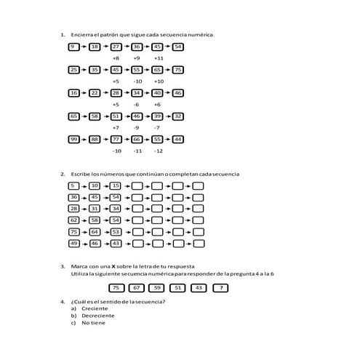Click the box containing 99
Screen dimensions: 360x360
(x=73, y=139)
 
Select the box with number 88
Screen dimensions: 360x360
(x=95, y=139)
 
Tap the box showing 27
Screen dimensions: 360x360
(x=116, y=47)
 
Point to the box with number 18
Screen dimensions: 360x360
(x=95, y=47)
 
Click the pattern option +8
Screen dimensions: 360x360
(x=116, y=57)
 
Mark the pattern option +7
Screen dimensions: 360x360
(x=116, y=127)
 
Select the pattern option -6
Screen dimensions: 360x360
(x=137, y=104)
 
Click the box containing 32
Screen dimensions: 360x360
(x=179, y=116)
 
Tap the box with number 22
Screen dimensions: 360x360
(x=95, y=93)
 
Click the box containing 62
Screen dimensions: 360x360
(x=73, y=220)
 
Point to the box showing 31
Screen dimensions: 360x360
(x=95, y=208)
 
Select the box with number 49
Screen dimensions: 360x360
(x=73, y=243)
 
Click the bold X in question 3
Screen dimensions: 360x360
(x=112, y=266)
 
